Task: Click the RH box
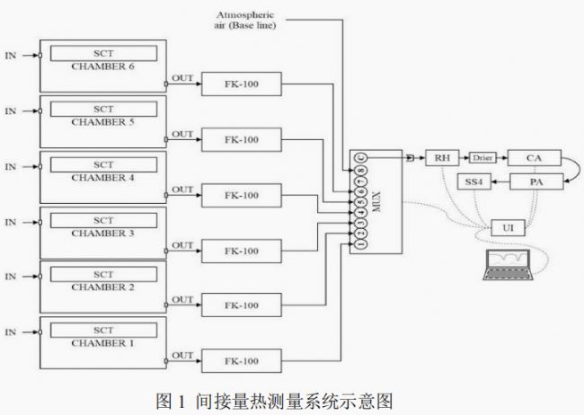(441, 157)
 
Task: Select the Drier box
(482, 157)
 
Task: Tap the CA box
(534, 157)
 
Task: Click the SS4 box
(473, 182)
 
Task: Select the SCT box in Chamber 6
(104, 53)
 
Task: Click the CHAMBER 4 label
(102, 178)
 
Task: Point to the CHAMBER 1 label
(102, 344)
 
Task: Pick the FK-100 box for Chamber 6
(241, 85)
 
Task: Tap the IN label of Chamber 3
(11, 221)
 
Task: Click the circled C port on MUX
(361, 158)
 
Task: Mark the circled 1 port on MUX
(361, 243)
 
